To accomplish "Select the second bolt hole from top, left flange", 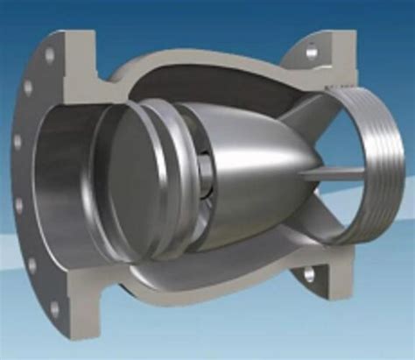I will tap(29, 88).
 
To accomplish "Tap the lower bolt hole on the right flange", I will tap(309, 274).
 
